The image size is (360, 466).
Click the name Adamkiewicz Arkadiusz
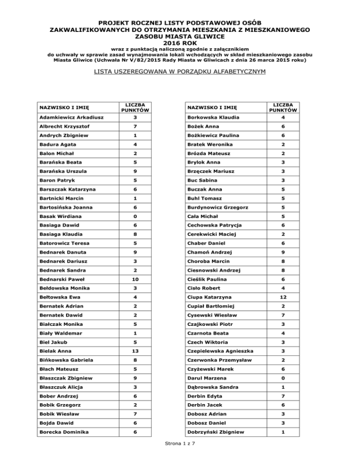72,117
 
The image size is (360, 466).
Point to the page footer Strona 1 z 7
180,457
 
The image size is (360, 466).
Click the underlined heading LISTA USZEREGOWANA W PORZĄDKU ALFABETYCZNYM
180,72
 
